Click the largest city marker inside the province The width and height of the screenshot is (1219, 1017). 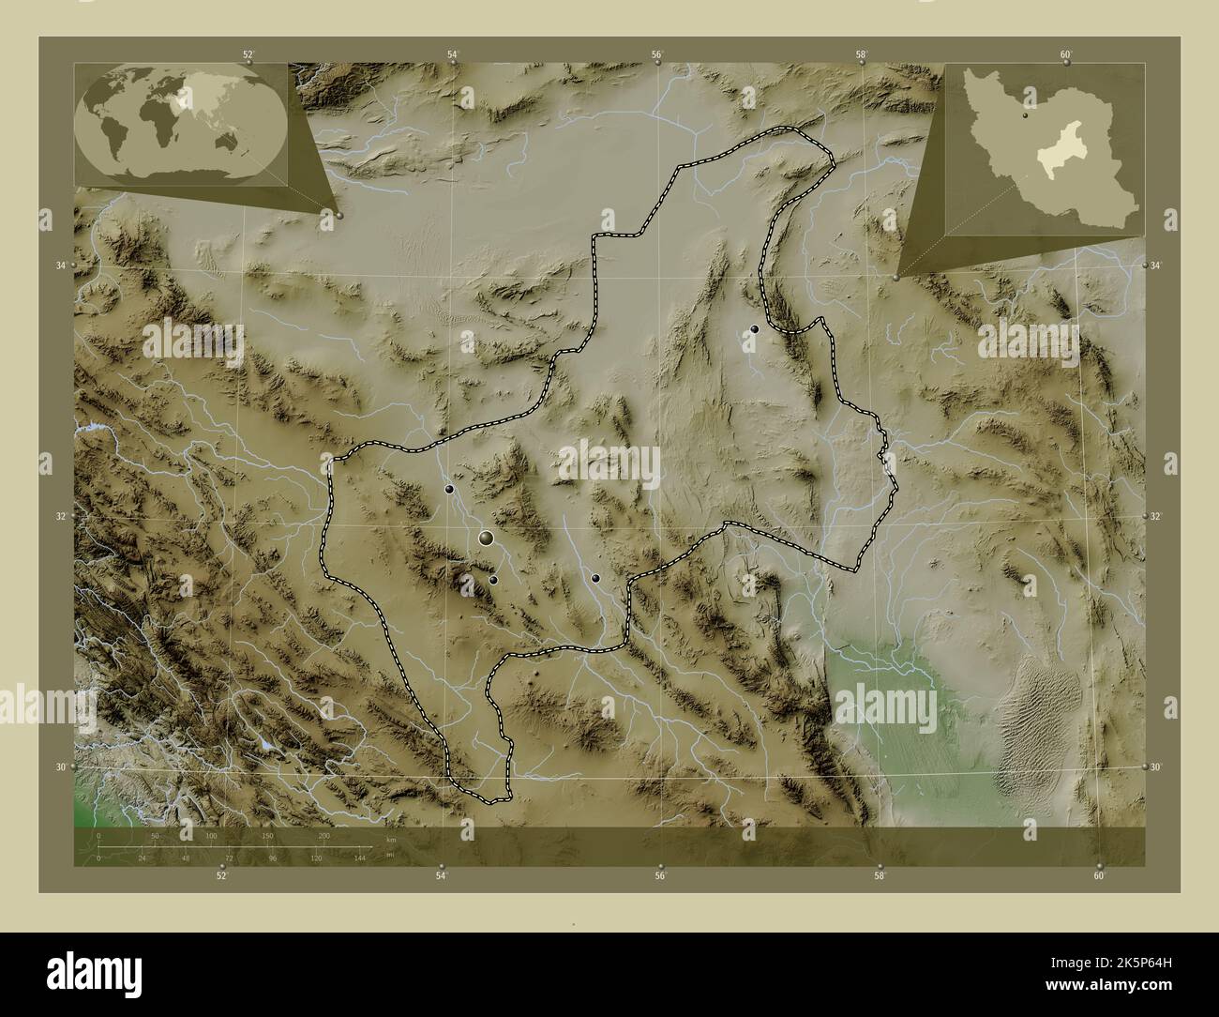click(486, 538)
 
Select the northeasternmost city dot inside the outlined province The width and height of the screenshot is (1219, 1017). click(754, 329)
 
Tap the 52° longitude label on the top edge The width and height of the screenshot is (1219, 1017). click(248, 55)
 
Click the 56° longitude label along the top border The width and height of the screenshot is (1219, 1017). click(658, 55)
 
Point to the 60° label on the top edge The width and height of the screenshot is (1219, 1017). click(1066, 55)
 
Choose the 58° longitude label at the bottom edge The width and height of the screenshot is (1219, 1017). click(879, 876)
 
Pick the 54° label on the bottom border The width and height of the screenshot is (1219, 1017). click(441, 876)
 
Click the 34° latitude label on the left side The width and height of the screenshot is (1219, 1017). click(60, 266)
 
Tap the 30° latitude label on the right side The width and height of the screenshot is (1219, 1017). click(1156, 767)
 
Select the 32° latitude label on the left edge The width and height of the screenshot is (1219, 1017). click(60, 516)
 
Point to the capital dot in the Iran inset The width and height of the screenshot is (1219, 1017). click(1027, 117)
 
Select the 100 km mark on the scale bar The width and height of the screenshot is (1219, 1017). click(212, 835)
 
